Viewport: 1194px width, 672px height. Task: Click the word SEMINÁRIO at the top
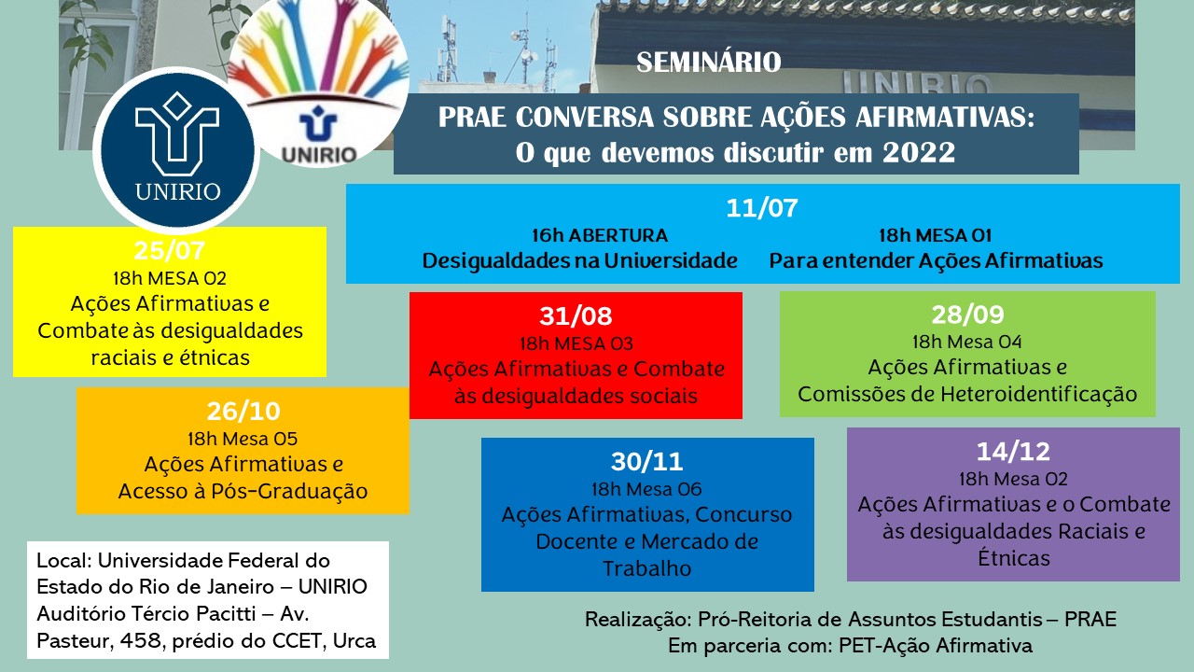click(708, 63)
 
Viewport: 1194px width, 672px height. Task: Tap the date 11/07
click(762, 207)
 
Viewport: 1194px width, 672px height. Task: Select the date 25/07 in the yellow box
click(170, 251)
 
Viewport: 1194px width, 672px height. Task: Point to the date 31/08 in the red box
click(576, 315)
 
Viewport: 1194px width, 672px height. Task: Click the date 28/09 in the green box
click(967, 315)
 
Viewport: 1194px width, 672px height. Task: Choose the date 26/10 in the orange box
click(243, 412)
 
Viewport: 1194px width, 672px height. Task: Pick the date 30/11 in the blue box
click(647, 461)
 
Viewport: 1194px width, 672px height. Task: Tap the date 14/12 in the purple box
click(1013, 452)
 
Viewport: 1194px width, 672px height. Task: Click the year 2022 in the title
click(919, 153)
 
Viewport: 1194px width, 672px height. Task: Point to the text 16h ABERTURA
click(600, 235)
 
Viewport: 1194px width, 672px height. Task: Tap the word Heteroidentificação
click(1038, 394)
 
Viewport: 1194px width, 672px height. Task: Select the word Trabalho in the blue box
click(647, 568)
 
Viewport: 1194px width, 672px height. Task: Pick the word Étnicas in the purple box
click(1013, 558)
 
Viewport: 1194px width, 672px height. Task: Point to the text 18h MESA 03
click(576, 343)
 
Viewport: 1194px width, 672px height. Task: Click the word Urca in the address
click(354, 640)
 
